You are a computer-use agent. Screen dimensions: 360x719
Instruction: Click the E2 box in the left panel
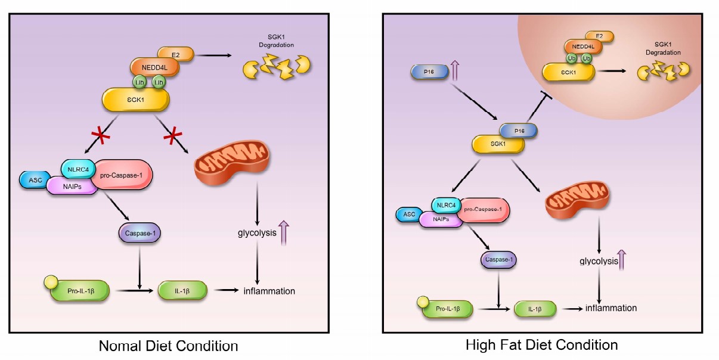175,54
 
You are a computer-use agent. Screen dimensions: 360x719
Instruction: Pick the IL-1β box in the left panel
182,291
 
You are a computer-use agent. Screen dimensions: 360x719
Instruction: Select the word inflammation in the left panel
269,291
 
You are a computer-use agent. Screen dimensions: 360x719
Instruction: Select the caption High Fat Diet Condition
541,345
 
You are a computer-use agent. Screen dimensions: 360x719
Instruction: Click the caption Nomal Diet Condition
168,346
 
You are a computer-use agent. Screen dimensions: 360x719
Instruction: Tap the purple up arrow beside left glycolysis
284,231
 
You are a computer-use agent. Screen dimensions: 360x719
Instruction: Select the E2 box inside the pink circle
600,36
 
